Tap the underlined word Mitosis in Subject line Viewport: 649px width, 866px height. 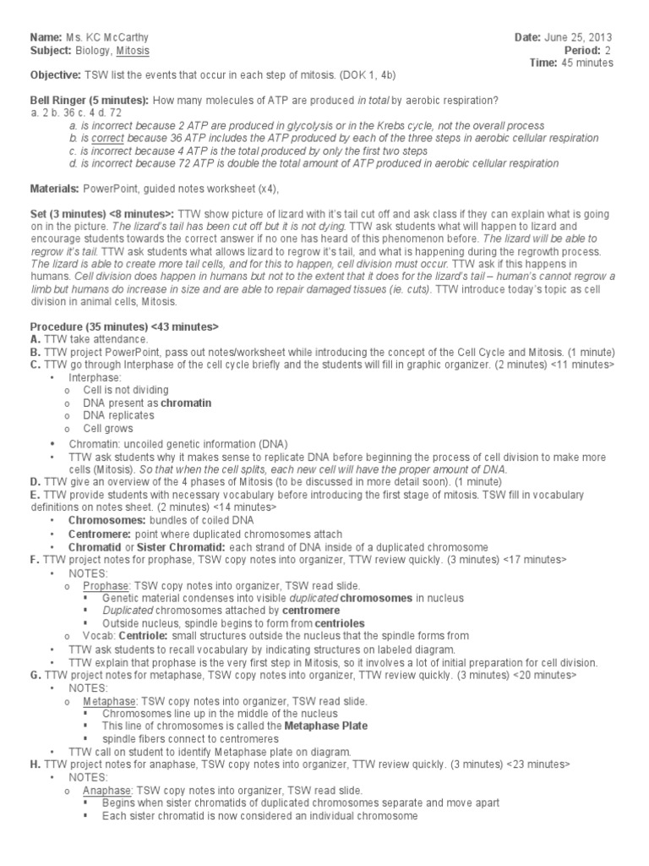pyautogui.click(x=137, y=51)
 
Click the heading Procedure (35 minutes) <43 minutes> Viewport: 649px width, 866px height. pyautogui.click(x=124, y=326)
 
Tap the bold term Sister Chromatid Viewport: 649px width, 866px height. pyautogui.click(x=175, y=547)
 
